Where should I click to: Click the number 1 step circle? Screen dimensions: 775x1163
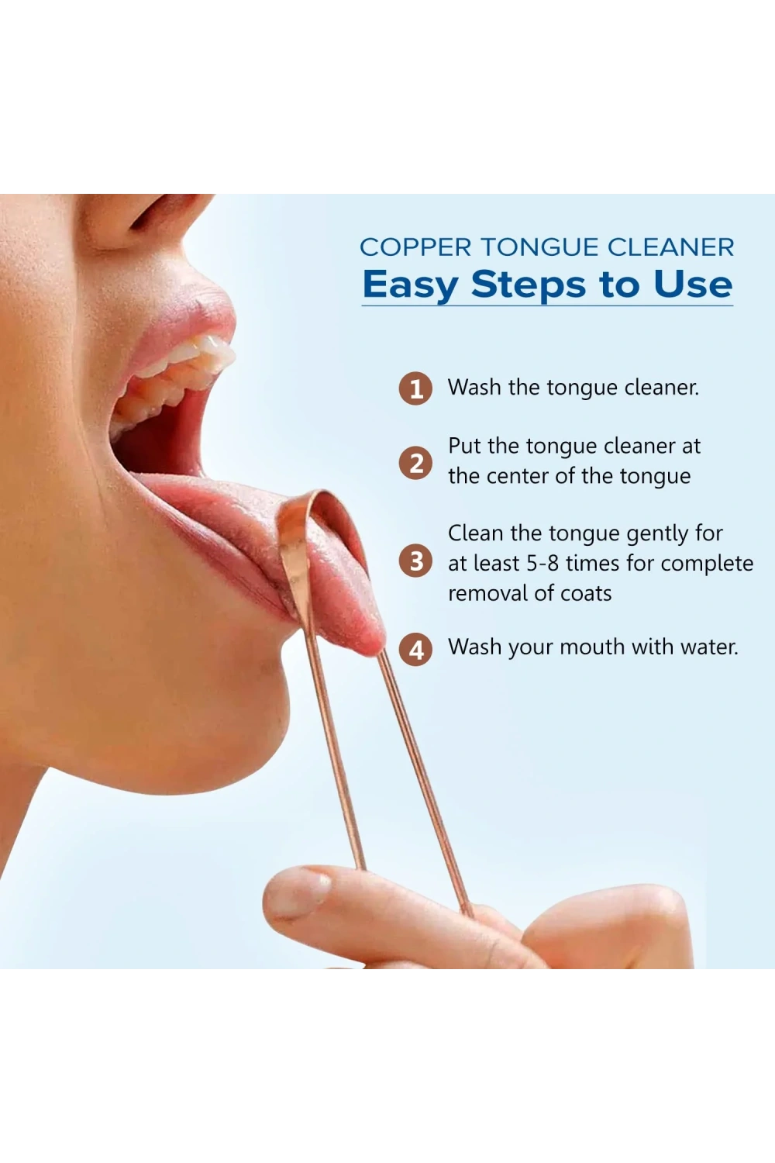(x=415, y=388)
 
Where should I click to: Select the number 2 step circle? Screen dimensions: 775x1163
(x=415, y=463)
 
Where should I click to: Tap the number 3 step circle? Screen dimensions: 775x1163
(x=415, y=561)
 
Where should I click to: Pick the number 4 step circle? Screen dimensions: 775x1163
(x=415, y=649)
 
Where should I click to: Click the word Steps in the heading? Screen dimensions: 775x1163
(x=529, y=285)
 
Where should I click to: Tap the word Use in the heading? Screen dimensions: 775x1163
(x=693, y=285)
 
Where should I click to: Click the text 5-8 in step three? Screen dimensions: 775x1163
(x=542, y=564)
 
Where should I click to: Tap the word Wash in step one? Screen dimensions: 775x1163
(x=474, y=388)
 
